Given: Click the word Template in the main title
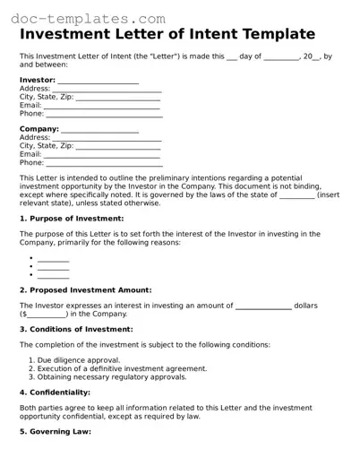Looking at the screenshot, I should click(272, 34).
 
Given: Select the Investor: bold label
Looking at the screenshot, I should click(38, 80).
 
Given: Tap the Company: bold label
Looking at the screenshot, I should click(39, 128).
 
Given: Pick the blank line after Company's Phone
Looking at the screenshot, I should click(104, 164).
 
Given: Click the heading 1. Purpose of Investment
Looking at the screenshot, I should click(72, 219).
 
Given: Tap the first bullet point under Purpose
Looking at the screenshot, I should click(53, 259).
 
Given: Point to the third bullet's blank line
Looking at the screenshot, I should click(53, 275).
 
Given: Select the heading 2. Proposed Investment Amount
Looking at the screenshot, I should click(85, 290).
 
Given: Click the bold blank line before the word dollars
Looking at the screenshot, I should click(263, 306).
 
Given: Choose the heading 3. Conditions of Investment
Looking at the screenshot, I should click(76, 330).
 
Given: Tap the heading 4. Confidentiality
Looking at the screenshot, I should click(55, 393).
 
